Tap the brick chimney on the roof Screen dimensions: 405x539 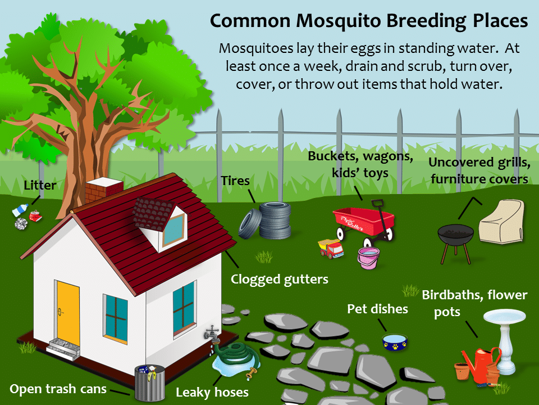103,191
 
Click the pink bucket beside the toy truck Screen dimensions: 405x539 368,258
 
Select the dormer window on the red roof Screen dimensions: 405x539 171,225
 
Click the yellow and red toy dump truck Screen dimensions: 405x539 332,248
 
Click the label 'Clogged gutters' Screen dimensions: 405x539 280,279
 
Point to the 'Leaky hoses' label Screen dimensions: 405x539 212,392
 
